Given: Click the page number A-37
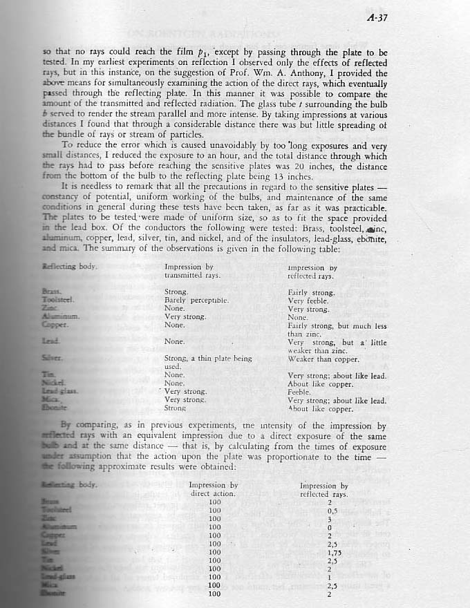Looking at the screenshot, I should [378, 18].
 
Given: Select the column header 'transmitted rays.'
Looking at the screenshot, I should [192, 275].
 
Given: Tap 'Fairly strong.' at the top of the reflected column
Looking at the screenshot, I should [311, 292].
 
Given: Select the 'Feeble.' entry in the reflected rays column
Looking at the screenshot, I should [301, 392].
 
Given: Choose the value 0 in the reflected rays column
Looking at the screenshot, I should [329, 527].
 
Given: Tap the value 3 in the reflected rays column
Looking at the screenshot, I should [329, 519].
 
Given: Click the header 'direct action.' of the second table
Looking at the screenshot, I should [213, 493].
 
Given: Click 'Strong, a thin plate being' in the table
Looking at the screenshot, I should [208, 359].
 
